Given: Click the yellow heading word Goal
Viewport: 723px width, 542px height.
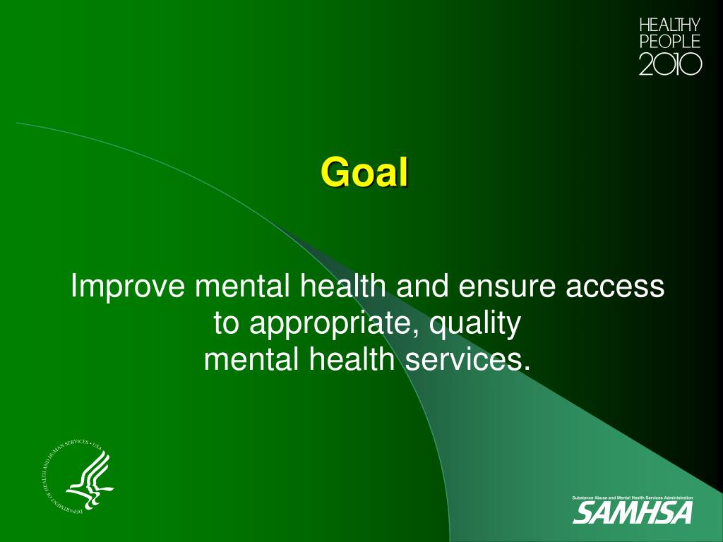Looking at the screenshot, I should click(364, 172).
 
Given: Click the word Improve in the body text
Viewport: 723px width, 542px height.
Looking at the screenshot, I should click(129, 288).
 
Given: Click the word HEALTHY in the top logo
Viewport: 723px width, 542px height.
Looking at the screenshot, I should click(669, 25).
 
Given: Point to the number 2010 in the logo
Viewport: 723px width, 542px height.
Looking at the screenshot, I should click(669, 64).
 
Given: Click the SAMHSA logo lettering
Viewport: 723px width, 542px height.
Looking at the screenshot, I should click(632, 513).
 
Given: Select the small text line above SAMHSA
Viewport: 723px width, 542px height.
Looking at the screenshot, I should click(632, 498).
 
